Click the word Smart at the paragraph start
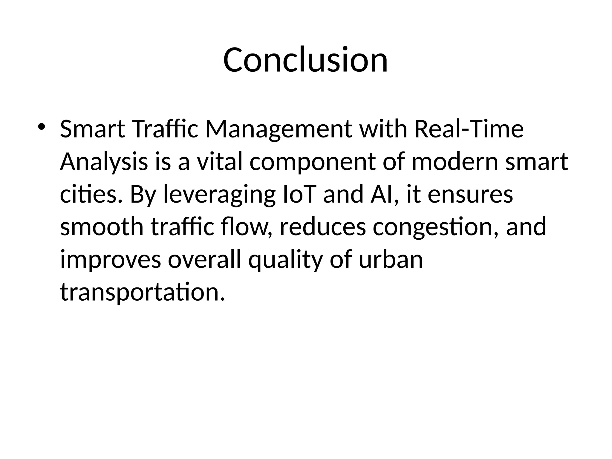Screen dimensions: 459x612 pos(92,129)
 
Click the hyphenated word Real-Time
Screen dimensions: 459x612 pos(469,129)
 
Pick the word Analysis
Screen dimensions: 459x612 pos(104,163)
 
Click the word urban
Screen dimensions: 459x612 pos(391,259)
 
